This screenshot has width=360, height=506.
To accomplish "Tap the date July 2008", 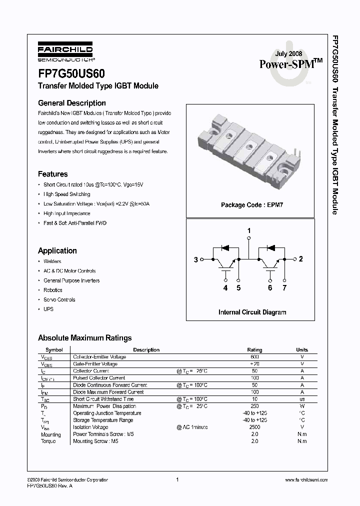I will pos(289,53).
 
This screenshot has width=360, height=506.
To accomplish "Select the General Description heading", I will pos(72,103).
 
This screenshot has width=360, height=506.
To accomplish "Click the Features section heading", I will pos(53,174).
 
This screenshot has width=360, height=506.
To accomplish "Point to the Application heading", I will pos(57,250).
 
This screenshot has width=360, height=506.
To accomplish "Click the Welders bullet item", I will pos(52,261).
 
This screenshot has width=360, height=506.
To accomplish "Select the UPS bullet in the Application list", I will pos(48,309).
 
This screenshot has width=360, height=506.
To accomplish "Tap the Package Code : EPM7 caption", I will pos(252,205).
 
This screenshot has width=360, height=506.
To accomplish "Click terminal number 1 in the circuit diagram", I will pos(249,230).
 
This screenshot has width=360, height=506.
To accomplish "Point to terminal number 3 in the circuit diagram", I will pos(195,259).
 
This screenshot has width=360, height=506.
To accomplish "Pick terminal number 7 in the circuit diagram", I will pos(284,287).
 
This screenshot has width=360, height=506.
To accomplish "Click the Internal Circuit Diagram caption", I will pos(252,312).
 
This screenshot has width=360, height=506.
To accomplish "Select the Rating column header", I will pos(254,349).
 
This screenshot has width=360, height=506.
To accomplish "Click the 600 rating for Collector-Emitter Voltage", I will pos(254,357).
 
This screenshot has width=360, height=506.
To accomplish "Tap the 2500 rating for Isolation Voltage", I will pos(254,427).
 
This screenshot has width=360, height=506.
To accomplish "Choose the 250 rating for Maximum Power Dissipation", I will pos(254,406).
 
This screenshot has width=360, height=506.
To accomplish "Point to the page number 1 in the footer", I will pos(177,479).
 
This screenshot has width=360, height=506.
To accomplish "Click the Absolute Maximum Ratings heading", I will pos(85,338).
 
